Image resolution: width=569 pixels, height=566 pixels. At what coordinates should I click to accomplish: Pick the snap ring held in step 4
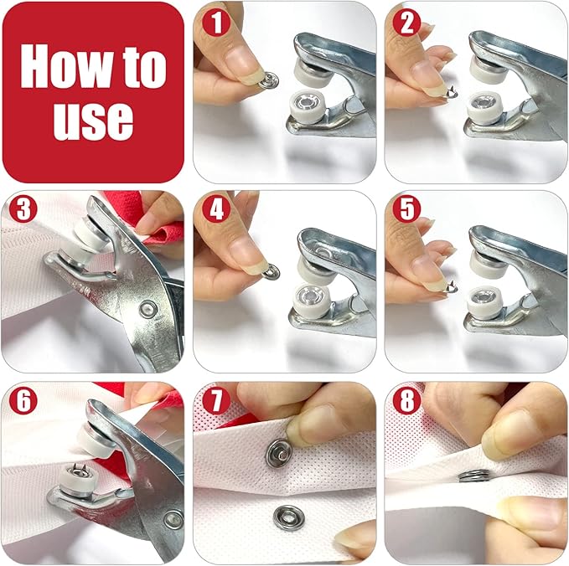tap(270, 271)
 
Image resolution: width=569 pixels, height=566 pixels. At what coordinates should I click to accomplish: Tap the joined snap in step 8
tap(475, 477)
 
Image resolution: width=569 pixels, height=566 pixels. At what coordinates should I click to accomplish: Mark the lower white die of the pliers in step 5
tap(484, 299)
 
